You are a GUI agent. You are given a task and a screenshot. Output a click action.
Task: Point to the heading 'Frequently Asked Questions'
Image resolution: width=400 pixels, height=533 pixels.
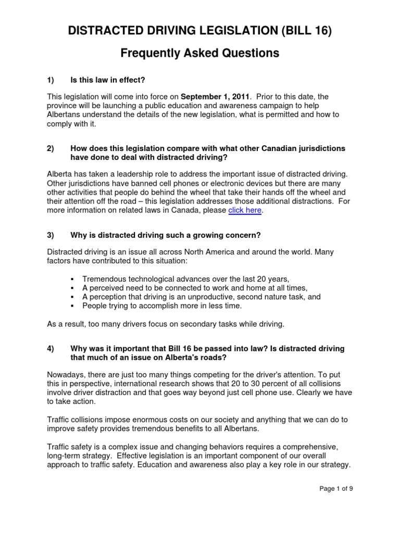click(200, 53)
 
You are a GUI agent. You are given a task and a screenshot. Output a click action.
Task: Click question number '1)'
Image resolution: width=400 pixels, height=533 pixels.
click(51, 80)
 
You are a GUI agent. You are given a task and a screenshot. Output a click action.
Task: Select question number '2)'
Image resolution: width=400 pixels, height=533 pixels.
click(51, 148)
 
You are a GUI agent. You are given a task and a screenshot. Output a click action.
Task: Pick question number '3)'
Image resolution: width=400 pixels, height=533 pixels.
click(51, 235)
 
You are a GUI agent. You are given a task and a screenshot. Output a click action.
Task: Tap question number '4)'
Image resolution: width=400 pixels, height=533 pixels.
click(51, 348)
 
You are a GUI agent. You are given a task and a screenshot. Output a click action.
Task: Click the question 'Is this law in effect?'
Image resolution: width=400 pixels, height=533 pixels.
click(107, 80)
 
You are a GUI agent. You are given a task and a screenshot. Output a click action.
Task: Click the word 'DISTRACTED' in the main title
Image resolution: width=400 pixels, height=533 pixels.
click(102, 32)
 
